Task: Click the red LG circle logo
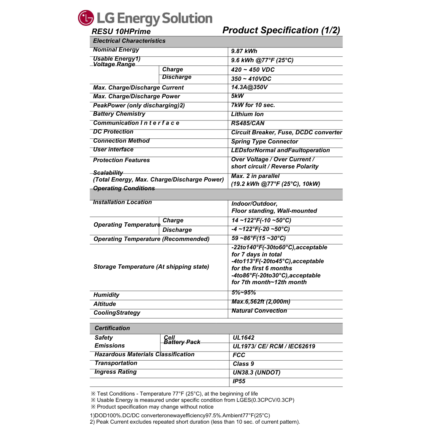point(86,18)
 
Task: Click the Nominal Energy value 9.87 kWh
point(244,51)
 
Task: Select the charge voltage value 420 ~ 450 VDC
point(253,70)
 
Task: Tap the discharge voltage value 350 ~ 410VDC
point(251,79)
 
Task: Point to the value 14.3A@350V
point(249,87)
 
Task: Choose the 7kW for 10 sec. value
point(253,105)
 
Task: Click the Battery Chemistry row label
point(119,114)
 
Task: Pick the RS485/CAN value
point(248,123)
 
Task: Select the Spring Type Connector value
point(264,141)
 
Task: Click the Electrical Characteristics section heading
point(129,41)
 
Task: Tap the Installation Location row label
point(122,202)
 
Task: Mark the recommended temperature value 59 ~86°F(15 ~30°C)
point(258,238)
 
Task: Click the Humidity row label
point(106,295)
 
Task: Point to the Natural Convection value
point(259,311)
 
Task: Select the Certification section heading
point(112,328)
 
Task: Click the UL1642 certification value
point(244,338)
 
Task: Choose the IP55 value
point(239,381)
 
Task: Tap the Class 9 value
point(243,364)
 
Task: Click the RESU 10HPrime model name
point(121,32)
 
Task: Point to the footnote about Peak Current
point(195,422)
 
